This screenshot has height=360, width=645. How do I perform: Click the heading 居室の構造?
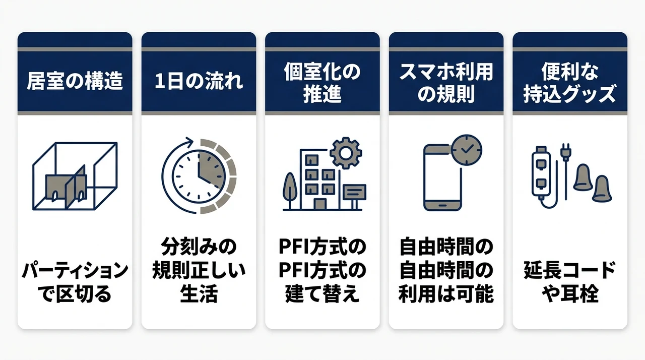(75, 81)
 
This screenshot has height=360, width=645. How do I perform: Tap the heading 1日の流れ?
(199, 81)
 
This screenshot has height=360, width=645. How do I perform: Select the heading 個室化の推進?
(322, 83)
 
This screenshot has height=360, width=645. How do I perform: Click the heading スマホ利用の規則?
(446, 83)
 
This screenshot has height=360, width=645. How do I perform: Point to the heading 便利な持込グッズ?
(570, 83)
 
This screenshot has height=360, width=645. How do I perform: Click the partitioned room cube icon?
(75, 176)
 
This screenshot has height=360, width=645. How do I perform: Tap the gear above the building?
(346, 153)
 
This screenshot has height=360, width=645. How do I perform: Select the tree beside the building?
(290, 191)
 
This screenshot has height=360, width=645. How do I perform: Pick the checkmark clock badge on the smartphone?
(467, 150)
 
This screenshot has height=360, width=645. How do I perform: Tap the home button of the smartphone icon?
(442, 205)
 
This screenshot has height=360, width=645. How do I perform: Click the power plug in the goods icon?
(566, 153)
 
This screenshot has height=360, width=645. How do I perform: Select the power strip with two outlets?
(541, 172)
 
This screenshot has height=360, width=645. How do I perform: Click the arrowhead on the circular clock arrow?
(189, 141)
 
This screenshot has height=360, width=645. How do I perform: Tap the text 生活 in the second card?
(199, 294)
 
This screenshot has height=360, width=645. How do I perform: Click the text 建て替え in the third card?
(322, 294)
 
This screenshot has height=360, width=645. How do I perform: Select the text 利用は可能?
(446, 294)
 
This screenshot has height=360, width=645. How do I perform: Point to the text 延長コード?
(570, 270)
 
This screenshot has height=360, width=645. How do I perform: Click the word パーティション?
(75, 270)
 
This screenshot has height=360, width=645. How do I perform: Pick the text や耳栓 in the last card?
(570, 294)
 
